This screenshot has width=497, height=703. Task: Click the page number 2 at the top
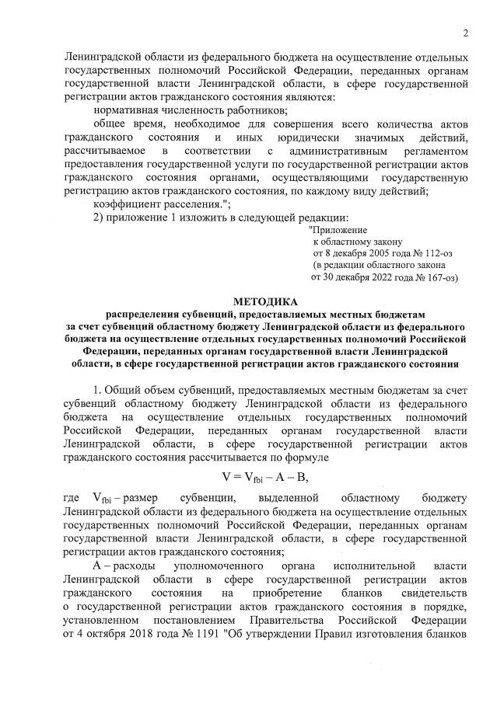464,33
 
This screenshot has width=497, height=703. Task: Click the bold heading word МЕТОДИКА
264,301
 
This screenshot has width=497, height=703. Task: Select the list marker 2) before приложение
98,217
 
